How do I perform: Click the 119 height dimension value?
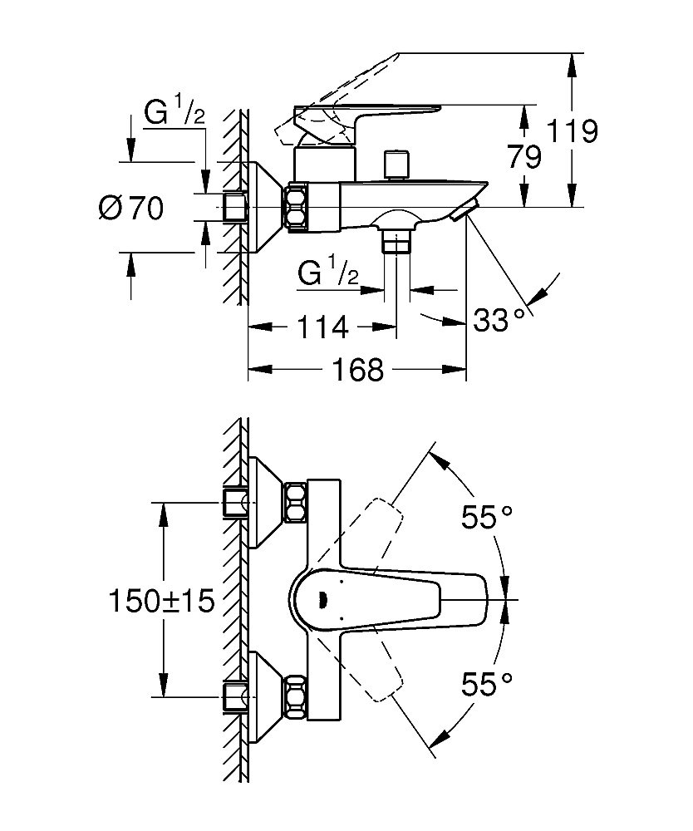(573, 131)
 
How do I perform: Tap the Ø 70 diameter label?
(130, 208)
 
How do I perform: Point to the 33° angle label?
(499, 318)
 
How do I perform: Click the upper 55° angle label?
(486, 517)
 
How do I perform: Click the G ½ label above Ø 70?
(174, 116)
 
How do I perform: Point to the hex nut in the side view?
(297, 208)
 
